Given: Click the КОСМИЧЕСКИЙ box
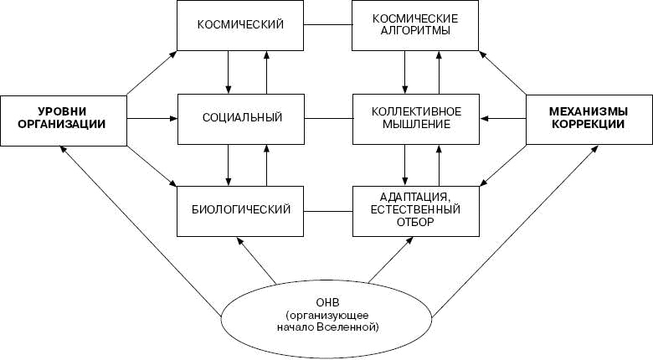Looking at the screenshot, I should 239,26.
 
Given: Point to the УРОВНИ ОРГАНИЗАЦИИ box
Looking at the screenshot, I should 63,117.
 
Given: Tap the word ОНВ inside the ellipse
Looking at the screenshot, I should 327,303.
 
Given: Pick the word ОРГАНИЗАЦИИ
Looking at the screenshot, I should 63,124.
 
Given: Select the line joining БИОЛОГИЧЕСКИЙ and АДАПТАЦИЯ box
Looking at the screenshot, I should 327,208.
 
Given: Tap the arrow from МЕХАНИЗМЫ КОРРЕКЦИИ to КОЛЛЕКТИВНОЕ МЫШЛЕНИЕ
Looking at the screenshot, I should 505,117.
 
